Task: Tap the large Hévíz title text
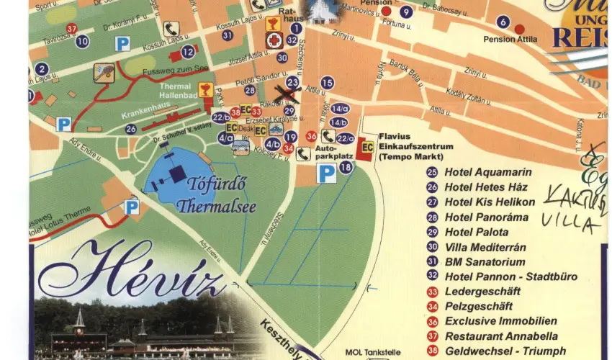pos(133,269)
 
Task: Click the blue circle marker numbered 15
pos(328,83)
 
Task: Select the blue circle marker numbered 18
pos(346,167)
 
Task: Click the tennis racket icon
pos(103,73)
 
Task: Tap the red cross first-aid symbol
pos(274,40)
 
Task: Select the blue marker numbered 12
pos(188,51)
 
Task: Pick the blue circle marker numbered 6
pos(503,22)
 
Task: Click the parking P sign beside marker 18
pos(327,174)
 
